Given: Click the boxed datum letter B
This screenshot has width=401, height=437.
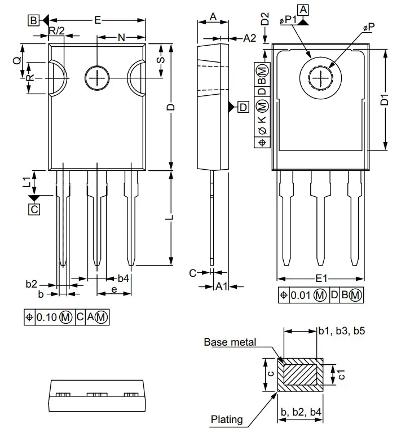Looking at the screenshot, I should coord(33,21).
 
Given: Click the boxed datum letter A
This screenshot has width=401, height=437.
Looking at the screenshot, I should coord(303,9).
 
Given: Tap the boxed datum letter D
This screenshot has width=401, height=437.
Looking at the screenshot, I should coord(243,107).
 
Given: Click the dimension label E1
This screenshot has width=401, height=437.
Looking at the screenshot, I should coord(321,279).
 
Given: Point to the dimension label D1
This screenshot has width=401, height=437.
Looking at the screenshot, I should coord(385,101).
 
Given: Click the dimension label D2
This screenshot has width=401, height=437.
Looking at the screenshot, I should coord(265,18).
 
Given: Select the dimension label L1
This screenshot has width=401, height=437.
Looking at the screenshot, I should coord(26,182).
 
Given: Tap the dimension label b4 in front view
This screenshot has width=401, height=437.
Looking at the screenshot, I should coord(123,279).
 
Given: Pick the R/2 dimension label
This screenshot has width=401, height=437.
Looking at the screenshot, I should coord(56,30).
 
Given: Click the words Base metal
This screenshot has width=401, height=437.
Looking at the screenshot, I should coord(230,342).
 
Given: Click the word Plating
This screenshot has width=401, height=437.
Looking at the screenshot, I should coord(227,419).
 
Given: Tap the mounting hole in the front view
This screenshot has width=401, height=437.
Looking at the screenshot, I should coord(96,77).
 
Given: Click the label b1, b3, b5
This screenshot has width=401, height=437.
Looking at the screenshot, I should coord(341,330).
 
